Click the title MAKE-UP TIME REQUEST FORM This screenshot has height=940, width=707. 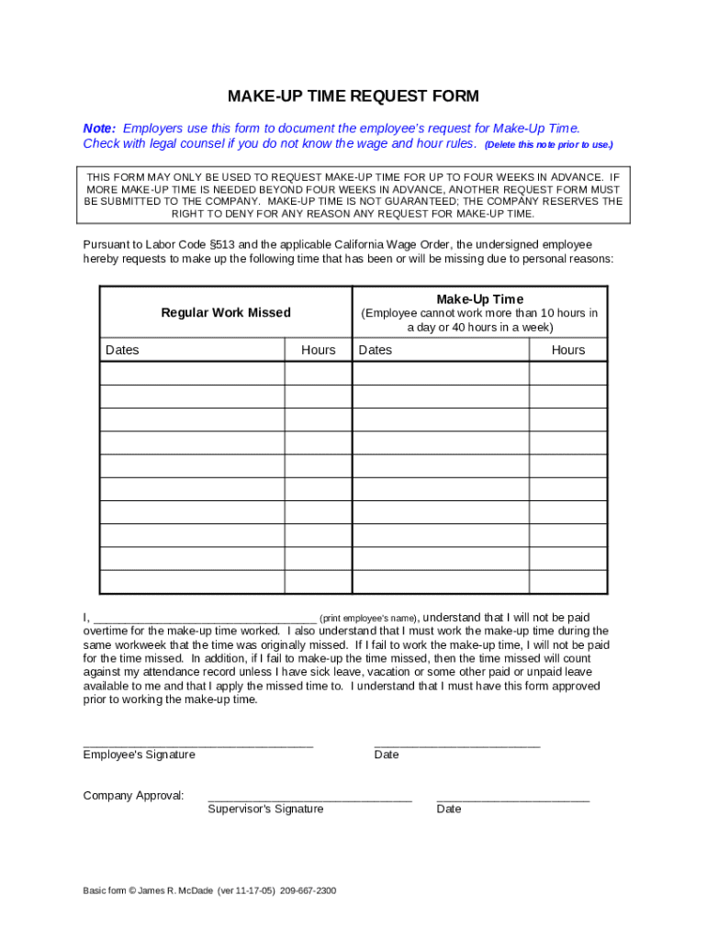click(x=353, y=96)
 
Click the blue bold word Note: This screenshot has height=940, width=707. click(x=99, y=129)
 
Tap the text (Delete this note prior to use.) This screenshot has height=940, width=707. click(x=548, y=145)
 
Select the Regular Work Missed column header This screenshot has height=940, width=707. click(x=226, y=312)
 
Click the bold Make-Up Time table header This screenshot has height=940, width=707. click(x=479, y=299)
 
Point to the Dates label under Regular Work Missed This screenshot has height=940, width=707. click(x=122, y=350)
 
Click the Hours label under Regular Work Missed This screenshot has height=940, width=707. click(x=319, y=350)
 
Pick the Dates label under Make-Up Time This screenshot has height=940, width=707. click(x=375, y=350)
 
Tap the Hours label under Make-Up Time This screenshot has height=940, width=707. click(x=567, y=350)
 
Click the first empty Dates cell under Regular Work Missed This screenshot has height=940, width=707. click(x=192, y=373)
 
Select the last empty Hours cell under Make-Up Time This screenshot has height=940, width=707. click(x=567, y=581)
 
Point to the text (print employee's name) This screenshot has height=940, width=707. click(x=368, y=618)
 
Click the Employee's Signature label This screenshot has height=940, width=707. click(x=139, y=755)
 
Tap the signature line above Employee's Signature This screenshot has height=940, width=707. click(x=198, y=744)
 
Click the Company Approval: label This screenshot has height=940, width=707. click(x=133, y=795)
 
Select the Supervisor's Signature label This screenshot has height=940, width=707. click(x=265, y=809)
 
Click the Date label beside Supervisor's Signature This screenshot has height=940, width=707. click(x=449, y=809)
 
